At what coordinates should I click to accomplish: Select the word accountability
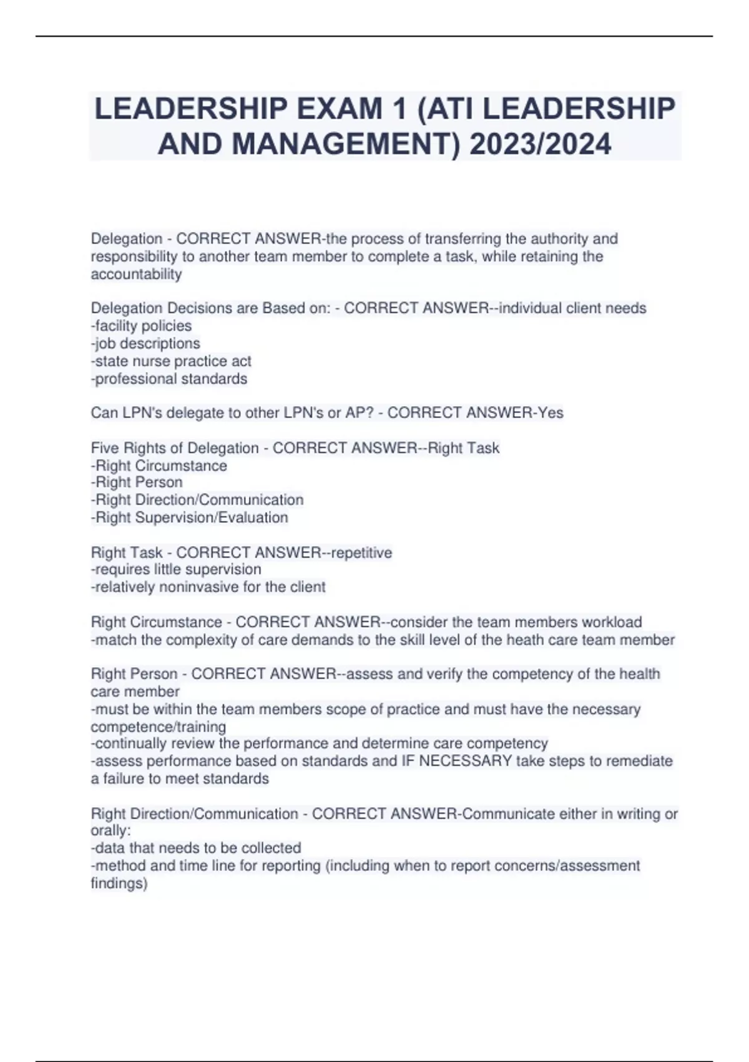[136, 274]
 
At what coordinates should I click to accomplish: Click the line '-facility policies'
[142, 325]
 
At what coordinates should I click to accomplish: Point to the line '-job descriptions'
[145, 343]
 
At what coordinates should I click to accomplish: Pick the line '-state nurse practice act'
[171, 361]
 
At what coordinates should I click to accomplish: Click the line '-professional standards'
[169, 379]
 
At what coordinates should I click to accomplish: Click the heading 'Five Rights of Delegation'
[175, 448]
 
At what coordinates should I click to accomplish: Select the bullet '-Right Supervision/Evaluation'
[190, 517]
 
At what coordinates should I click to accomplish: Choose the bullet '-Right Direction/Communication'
[197, 500]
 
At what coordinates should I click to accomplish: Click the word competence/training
[159, 727]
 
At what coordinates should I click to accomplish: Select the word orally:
[111, 831]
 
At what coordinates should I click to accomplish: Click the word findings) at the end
[119, 883]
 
